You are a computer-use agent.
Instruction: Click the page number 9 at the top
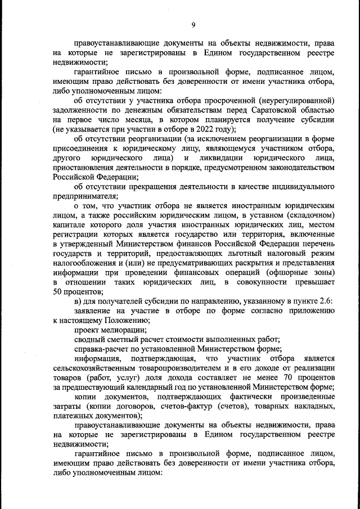(x=193, y=25)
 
